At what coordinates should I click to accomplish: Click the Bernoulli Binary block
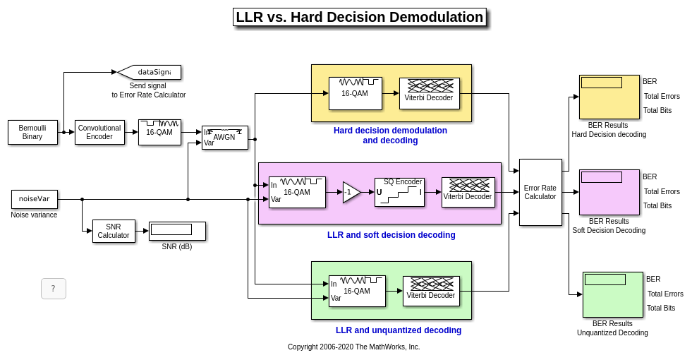point(32,132)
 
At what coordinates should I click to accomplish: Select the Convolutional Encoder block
point(99,132)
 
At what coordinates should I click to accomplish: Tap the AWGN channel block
point(224,137)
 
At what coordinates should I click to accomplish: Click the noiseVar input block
point(35,199)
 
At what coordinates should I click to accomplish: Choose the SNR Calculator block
point(114,231)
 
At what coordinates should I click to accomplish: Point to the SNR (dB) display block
point(177,231)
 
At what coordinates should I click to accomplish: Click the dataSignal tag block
point(150,72)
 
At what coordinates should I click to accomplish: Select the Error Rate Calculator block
point(540,192)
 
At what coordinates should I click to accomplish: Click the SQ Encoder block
point(399,192)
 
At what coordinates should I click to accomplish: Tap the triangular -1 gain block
point(351,192)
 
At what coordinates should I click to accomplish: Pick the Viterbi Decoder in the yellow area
point(429,93)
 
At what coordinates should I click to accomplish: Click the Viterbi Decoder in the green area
point(431,291)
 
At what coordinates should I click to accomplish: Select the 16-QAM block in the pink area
point(297,192)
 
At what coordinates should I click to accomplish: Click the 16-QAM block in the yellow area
point(355,93)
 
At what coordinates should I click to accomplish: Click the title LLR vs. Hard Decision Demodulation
point(359,18)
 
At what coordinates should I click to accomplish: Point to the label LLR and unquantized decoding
point(399,330)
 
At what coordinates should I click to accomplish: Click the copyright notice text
point(353,347)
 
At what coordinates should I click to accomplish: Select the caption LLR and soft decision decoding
point(391,235)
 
